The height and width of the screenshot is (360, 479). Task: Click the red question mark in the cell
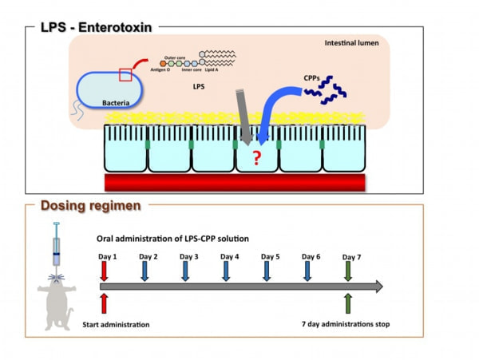(256, 158)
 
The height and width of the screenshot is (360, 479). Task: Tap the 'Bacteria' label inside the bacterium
(117, 102)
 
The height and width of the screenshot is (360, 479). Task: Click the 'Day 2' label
(148, 257)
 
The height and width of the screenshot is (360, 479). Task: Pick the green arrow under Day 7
(350, 271)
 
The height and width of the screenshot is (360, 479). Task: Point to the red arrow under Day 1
(105, 271)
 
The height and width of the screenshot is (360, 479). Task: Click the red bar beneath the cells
(235, 182)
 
